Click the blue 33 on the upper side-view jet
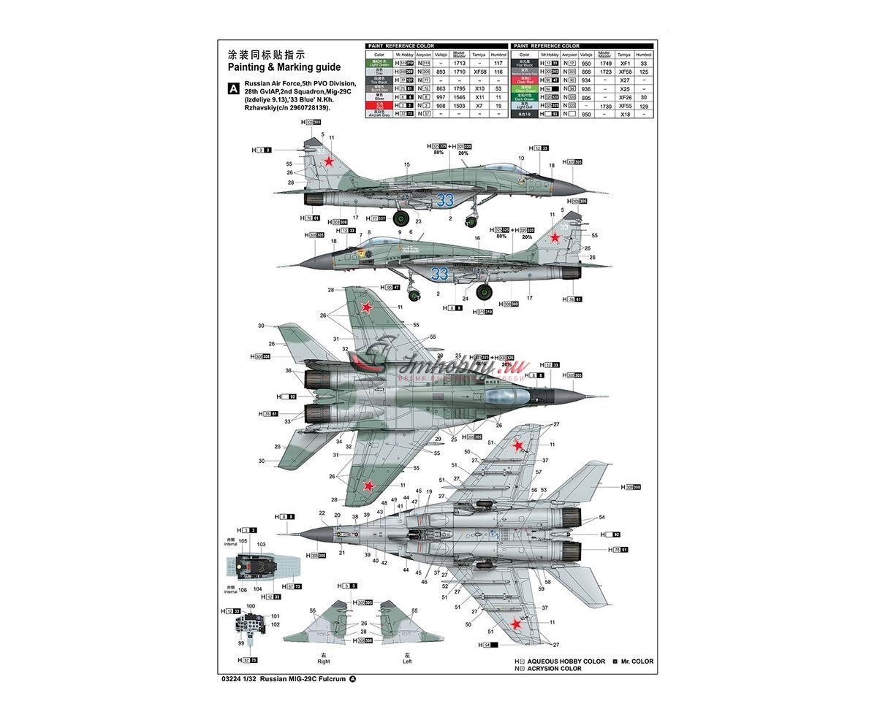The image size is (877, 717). point(445,200)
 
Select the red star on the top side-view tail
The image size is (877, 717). point(330,162)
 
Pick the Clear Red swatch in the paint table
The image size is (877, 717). point(524,80)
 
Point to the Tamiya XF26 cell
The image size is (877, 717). point(623,98)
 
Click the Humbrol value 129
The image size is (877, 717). point(643,106)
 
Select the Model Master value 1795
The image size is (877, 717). point(459,89)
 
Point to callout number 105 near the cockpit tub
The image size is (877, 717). point(243,541)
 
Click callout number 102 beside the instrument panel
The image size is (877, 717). point(275,624)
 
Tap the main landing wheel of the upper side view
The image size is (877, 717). point(401,218)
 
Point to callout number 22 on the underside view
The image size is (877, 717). point(323,513)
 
